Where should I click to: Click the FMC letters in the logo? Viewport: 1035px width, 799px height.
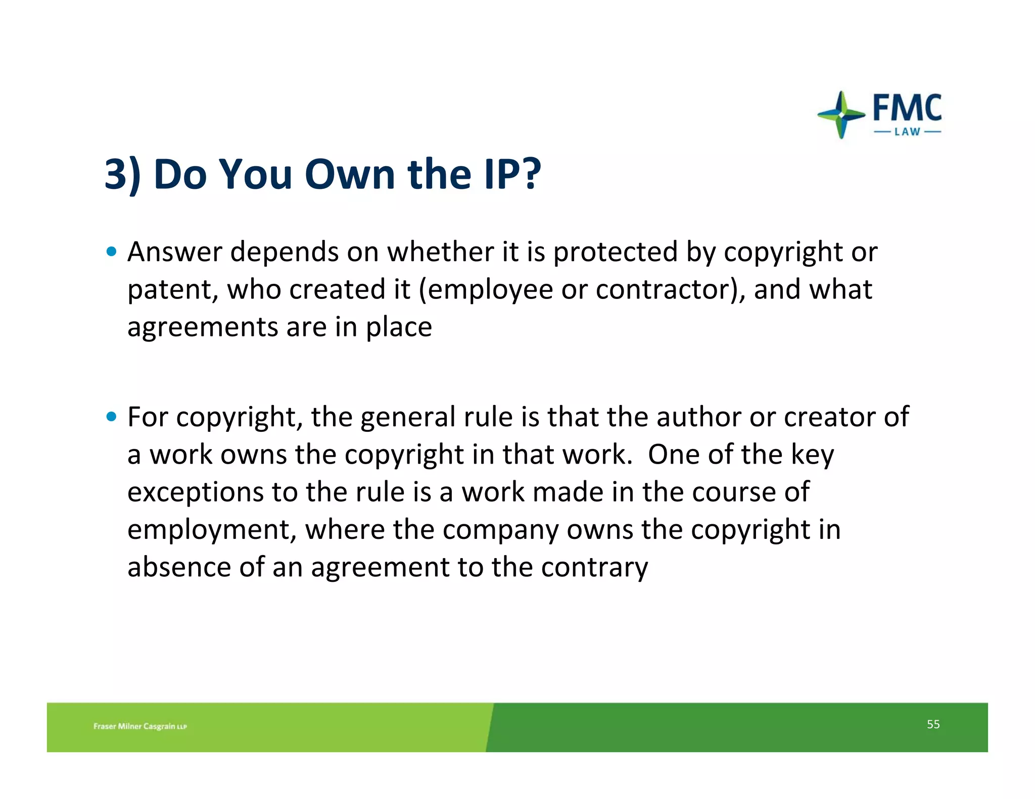[907, 108]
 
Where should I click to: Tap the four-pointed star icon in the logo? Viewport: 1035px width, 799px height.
[841, 115]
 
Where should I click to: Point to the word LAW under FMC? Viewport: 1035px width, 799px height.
[907, 132]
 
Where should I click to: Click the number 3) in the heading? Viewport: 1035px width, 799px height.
[123, 174]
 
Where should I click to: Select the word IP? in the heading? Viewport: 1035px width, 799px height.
[512, 174]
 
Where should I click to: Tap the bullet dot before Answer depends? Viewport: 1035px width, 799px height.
[112, 252]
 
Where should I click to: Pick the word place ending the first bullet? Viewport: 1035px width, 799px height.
[399, 327]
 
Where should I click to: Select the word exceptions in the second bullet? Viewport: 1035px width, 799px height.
[195, 492]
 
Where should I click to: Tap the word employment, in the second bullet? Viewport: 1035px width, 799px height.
[212, 530]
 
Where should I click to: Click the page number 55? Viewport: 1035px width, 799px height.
[933, 724]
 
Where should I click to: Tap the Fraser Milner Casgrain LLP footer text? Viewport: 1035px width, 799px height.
[140, 726]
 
